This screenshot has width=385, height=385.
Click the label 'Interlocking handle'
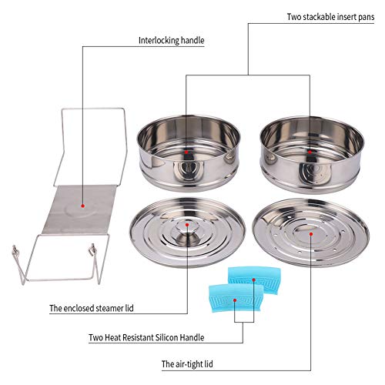(x=170, y=40)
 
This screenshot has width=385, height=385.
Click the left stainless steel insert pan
(x=187, y=150)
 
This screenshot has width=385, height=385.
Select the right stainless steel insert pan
(x=311, y=150)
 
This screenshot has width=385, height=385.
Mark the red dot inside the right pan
(x=310, y=152)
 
